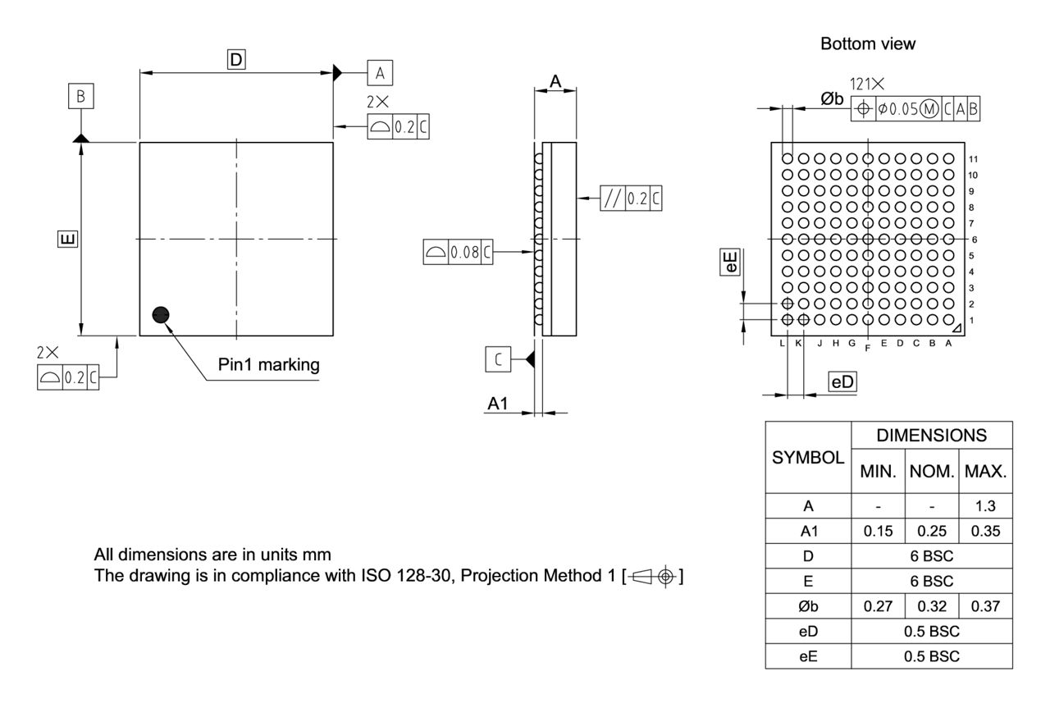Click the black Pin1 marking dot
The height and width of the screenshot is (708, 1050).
click(161, 315)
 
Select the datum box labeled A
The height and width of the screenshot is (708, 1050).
click(380, 73)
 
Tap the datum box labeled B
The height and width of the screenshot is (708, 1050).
click(80, 97)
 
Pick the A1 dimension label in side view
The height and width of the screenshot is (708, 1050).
click(499, 403)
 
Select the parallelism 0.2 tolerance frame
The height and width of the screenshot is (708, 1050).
click(632, 198)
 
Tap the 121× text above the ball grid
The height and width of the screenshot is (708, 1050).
click(868, 84)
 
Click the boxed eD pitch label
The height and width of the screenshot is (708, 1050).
click(842, 381)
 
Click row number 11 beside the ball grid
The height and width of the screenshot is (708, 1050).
click(973, 159)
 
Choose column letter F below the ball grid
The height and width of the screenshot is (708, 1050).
click(867, 349)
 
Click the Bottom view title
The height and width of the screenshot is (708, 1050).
click(868, 44)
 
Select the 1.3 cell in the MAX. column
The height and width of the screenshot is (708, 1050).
click(986, 506)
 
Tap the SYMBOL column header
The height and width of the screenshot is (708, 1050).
click(808, 458)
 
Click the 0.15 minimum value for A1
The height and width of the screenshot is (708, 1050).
click(878, 531)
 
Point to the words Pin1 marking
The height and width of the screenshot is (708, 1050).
click(269, 364)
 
